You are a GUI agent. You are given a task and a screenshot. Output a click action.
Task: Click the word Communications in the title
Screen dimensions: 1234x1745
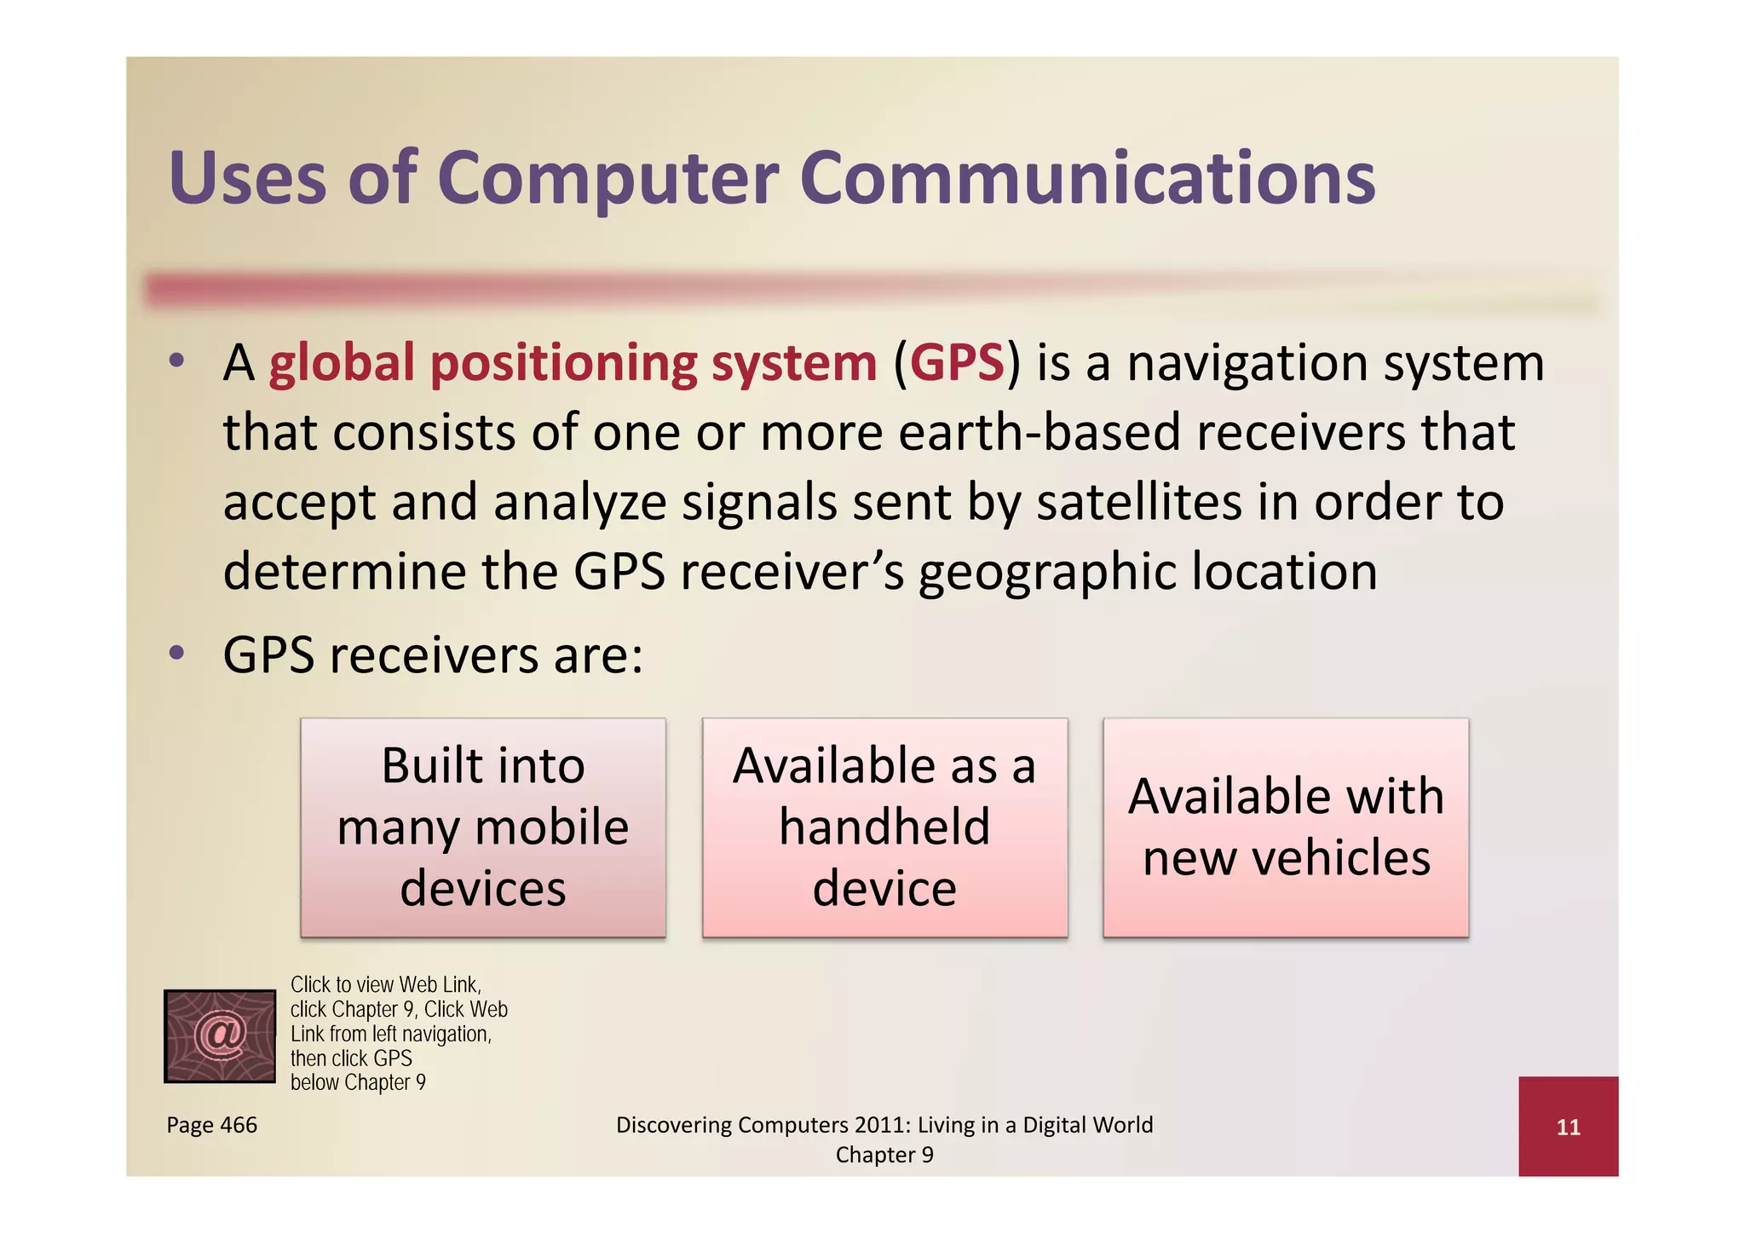click(x=1087, y=179)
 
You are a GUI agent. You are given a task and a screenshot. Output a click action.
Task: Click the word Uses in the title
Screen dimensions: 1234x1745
click(x=247, y=179)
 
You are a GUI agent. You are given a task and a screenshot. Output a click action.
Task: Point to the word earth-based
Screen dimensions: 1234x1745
click(x=1040, y=433)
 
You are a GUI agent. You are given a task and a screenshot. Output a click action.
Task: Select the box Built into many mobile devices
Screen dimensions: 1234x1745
click(x=483, y=827)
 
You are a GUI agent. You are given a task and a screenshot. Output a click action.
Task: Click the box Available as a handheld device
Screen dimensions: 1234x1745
click(x=884, y=827)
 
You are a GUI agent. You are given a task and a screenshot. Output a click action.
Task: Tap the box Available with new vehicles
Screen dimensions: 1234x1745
click(x=1286, y=827)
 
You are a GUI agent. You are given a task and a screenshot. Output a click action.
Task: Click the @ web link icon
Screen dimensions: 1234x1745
click(x=220, y=1035)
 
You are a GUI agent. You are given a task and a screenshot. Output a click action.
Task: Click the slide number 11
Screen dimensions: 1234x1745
click(x=1568, y=1127)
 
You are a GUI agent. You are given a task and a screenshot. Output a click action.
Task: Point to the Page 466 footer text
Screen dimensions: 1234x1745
click(x=211, y=1125)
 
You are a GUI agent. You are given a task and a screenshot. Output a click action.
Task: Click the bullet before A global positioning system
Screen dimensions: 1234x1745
click(x=176, y=361)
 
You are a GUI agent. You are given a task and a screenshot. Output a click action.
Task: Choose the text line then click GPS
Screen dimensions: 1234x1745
click(x=351, y=1058)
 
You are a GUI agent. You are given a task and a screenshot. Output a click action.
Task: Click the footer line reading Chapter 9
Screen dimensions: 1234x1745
click(x=884, y=1155)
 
